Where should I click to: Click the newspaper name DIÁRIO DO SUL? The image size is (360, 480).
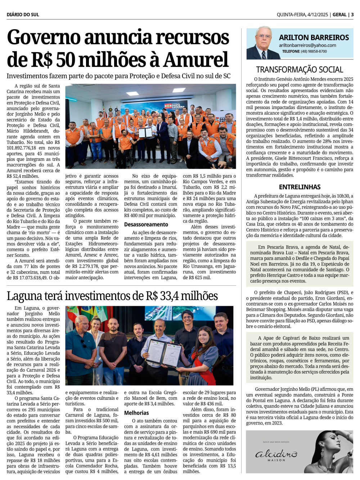(x=23, y=15)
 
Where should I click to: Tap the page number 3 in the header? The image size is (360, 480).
(x=352, y=15)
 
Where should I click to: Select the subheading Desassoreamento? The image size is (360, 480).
(x=146, y=225)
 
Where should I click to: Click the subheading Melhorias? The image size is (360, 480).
(x=136, y=413)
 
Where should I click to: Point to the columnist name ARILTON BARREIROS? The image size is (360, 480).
(x=314, y=37)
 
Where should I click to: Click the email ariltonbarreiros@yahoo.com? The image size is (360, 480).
(x=307, y=45)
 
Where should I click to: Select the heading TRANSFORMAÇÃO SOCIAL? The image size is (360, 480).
(x=300, y=70)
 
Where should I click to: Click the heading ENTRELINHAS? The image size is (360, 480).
(x=300, y=187)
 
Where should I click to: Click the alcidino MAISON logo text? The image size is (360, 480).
(x=276, y=455)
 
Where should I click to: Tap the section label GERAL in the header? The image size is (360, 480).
(x=339, y=15)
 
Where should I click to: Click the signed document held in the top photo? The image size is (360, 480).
(x=145, y=132)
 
